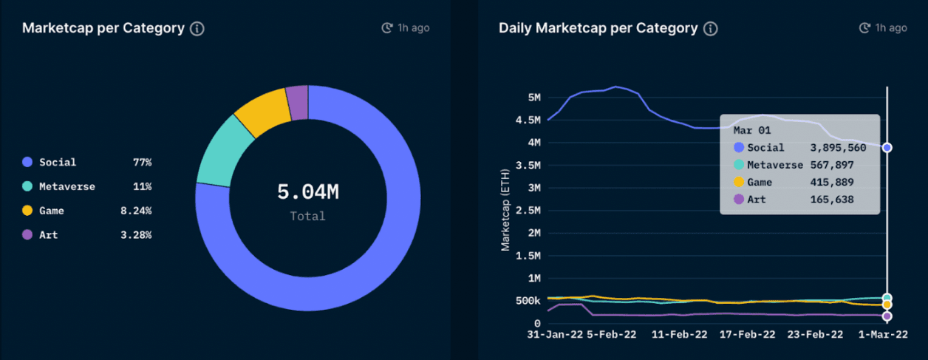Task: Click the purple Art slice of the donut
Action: (x=297, y=103)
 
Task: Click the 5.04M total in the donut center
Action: (x=307, y=192)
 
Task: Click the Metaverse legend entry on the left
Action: (x=67, y=186)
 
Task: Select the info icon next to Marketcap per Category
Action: (x=197, y=29)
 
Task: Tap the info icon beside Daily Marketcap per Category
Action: (x=710, y=29)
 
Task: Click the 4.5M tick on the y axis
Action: (x=528, y=120)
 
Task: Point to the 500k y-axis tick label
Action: (x=527, y=301)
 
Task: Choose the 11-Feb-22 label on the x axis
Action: (x=678, y=335)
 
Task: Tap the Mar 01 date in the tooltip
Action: (x=752, y=130)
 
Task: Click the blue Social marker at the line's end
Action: (x=887, y=148)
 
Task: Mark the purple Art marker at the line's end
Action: (x=887, y=316)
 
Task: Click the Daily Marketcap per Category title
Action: (x=598, y=28)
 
